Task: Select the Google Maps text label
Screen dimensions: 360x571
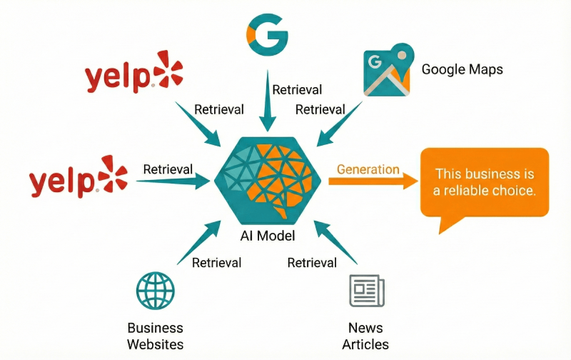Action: [x=462, y=69]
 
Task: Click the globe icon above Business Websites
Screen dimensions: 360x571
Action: [x=155, y=291]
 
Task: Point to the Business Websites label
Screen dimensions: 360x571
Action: [x=155, y=336]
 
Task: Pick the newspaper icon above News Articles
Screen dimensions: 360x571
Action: [x=366, y=291]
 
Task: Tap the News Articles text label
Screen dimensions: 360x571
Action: [x=365, y=336]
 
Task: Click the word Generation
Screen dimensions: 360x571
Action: [x=368, y=169]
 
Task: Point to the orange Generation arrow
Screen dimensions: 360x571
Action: [x=372, y=182]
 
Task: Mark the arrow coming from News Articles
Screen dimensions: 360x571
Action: [x=335, y=243]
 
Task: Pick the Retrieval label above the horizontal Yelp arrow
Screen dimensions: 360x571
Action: [x=168, y=169]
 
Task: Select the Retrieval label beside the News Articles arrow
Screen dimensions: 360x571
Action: [x=312, y=263]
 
